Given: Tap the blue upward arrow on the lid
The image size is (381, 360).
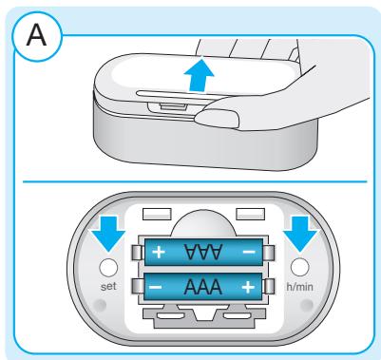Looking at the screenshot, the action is [x=199, y=76].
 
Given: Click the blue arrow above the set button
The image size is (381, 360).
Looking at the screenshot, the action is [x=108, y=234].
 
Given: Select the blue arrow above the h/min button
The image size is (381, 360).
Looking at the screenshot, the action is [x=300, y=234].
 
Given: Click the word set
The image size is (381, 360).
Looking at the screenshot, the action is [x=108, y=286].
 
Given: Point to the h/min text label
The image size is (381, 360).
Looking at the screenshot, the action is [x=299, y=287].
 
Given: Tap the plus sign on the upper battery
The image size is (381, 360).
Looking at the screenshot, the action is [x=159, y=252].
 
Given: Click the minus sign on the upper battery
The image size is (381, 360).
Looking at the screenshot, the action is [x=249, y=252].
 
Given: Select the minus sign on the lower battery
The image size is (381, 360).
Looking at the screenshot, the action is [x=155, y=288].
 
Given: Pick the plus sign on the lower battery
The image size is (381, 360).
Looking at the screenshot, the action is [x=248, y=288].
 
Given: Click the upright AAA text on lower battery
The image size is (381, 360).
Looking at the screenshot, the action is [x=202, y=287].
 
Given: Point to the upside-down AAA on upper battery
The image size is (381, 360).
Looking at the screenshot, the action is [x=202, y=252].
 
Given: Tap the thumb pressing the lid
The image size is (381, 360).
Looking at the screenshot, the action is [x=217, y=118].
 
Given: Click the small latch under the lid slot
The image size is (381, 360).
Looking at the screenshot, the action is [x=173, y=106].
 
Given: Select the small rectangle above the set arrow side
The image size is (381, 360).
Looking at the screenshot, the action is [x=157, y=214].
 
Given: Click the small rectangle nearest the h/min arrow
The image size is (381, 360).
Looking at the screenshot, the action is [x=251, y=214].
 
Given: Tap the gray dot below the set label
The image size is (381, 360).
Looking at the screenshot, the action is [x=101, y=305].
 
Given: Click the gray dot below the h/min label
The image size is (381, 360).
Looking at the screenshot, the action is [x=307, y=305].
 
